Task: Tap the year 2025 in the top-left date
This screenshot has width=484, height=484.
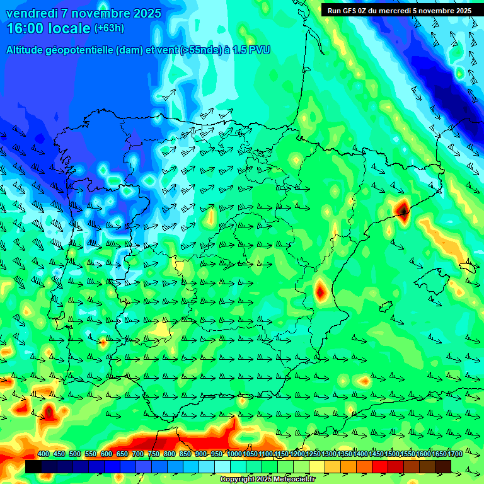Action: (144, 13)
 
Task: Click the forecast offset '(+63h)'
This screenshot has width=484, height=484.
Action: (109, 28)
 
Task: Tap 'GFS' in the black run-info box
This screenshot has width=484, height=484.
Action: (350, 11)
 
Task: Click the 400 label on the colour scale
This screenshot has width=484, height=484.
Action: (43, 454)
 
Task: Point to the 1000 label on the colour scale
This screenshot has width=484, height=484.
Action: (234, 454)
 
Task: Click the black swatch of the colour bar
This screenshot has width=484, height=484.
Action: (33, 466)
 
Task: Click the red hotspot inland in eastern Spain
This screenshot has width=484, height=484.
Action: (321, 291)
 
